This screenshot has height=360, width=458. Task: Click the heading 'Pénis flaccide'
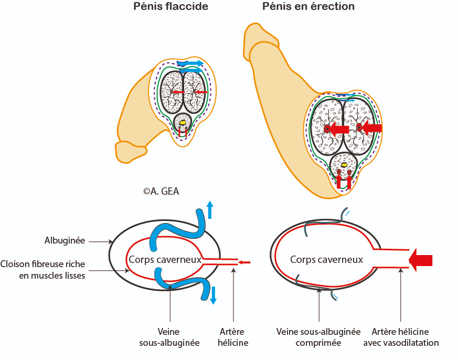pos(171,6)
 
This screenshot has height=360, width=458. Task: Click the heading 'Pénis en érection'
pos(308,6)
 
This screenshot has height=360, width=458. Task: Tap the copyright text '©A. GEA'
pos(161,192)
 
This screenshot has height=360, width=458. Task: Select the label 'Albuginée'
pos(65,241)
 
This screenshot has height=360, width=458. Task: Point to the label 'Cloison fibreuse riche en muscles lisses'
pos(42,270)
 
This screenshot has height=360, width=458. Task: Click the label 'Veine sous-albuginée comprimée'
pos(318,337)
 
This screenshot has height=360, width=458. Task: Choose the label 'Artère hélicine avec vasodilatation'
pos(401,337)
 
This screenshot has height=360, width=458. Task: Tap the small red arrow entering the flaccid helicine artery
pos(244,262)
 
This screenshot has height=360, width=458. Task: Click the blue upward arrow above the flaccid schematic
pos(210,210)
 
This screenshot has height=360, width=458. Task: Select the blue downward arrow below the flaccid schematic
pos(214,295)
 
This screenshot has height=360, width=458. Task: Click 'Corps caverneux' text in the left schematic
pos(165,260)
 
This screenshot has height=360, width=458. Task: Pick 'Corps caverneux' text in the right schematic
pos(326,260)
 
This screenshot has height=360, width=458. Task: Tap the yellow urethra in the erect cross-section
pos(344,165)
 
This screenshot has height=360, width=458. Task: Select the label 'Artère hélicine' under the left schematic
pos(233,337)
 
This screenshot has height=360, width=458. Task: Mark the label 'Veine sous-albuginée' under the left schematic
pos(169,337)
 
